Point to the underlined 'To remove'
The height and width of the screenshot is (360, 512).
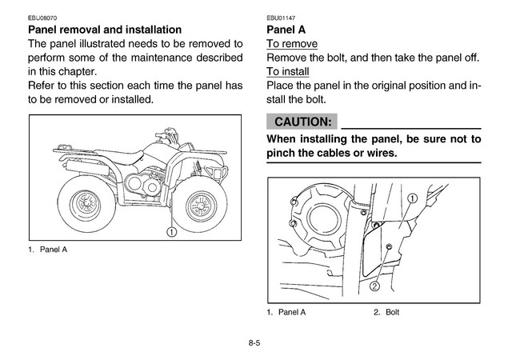[291, 44]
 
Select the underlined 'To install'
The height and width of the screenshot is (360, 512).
[290, 72]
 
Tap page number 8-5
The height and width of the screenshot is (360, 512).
[255, 343]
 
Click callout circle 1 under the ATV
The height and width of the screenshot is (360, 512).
[170, 232]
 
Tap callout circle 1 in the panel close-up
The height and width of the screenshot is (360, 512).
[413, 198]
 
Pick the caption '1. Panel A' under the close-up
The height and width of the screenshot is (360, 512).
[286, 312]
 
